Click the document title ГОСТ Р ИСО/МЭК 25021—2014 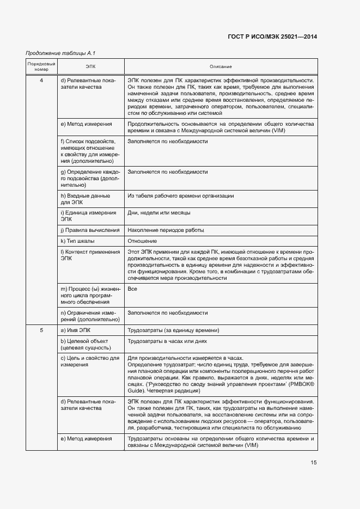[x=272, y=36]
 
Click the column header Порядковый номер [x=42, y=66]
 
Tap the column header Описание [x=221, y=66]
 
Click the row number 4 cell [x=42, y=81]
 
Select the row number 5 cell [x=42, y=330]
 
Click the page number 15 [x=314, y=463]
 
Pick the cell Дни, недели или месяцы [x=159, y=212]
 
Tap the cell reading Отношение [x=142, y=241]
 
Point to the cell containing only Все [x=132, y=289]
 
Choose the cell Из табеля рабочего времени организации [x=180, y=195]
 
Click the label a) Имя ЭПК [x=78, y=330]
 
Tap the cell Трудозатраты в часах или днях [x=167, y=341]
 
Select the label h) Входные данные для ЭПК [x=84, y=199]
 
